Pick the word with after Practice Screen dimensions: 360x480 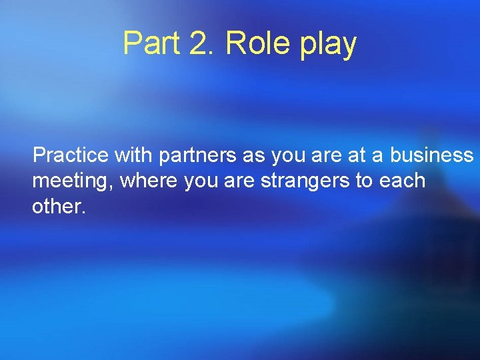133,155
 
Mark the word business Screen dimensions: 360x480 431,155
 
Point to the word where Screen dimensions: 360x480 146,181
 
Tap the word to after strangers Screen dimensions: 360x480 364,181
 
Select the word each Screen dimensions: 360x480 403,181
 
